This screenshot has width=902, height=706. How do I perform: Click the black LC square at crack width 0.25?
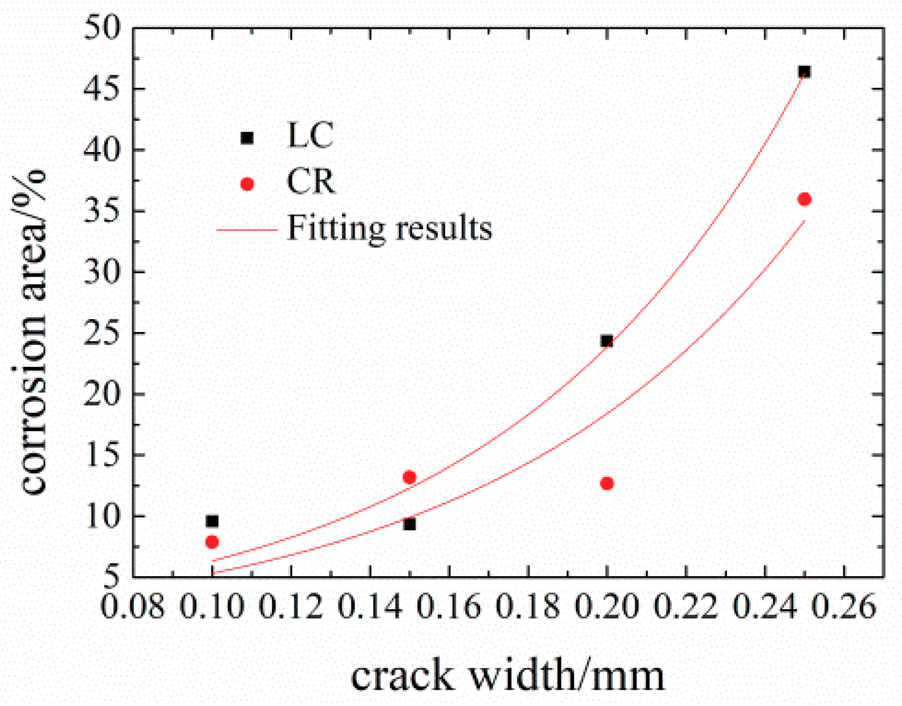[x=804, y=72]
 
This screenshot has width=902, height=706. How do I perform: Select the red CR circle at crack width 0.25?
[x=804, y=199]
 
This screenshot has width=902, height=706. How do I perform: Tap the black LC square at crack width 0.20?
[x=607, y=341]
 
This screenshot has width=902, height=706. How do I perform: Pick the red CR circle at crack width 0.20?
[x=607, y=483]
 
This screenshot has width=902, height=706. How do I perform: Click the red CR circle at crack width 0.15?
[x=409, y=477]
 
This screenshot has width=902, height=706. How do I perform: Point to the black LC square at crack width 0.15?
[x=409, y=524]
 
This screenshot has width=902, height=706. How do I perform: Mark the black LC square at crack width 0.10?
[x=212, y=521]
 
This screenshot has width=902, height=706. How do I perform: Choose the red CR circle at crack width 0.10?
[x=212, y=542]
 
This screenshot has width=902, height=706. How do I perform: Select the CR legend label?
[x=310, y=182]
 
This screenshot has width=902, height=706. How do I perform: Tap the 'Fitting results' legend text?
[x=389, y=228]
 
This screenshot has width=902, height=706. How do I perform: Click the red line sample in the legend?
[x=247, y=230]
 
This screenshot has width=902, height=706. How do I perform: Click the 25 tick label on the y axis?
[x=102, y=333]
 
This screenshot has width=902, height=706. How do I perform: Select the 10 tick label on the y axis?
[x=102, y=516]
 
